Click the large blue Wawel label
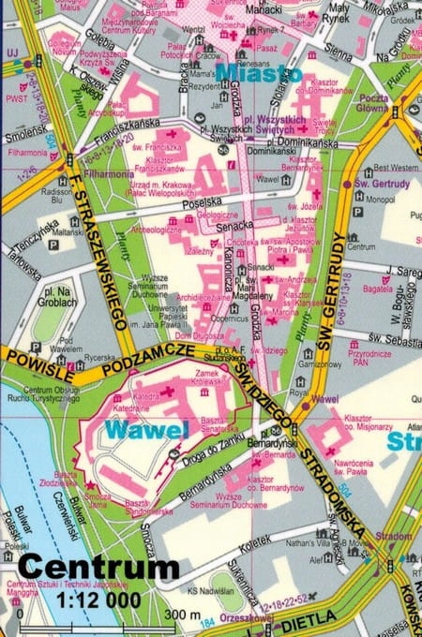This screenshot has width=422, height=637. pyautogui.click(x=146, y=430)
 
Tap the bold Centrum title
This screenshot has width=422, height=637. pyautogui.click(x=98, y=568)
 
